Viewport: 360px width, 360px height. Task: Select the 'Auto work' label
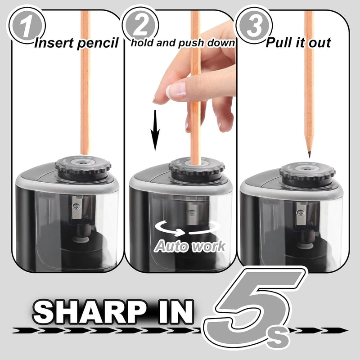pos(190,245)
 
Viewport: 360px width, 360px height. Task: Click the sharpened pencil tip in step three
pos(310,153)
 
